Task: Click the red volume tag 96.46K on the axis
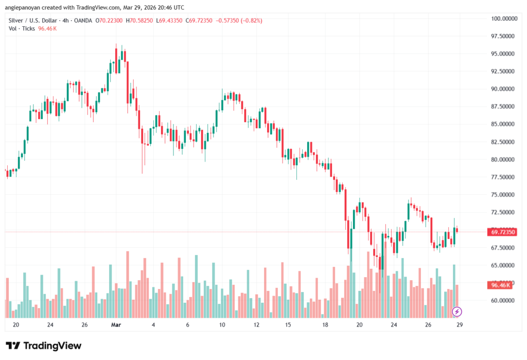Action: click(x=501, y=285)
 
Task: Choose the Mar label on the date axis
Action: click(x=116, y=325)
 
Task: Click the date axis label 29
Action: click(x=459, y=325)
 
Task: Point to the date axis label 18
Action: click(x=325, y=325)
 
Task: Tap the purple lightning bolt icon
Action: click(x=456, y=312)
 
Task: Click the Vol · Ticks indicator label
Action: click(x=22, y=29)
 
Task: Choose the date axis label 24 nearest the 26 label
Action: click(x=394, y=325)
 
